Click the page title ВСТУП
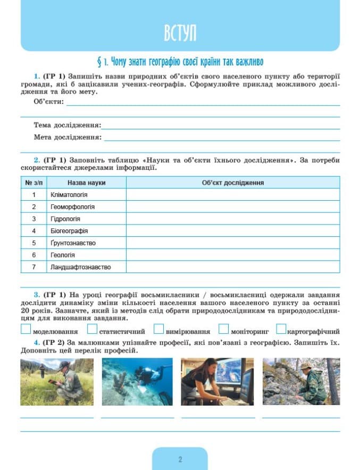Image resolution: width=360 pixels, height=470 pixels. tap(180, 33)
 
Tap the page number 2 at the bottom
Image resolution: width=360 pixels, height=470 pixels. tap(180, 459)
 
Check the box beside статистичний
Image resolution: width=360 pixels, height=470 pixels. tap(93, 329)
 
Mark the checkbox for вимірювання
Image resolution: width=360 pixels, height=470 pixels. tap(158, 329)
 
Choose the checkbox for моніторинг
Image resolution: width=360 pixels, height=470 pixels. tap(223, 329)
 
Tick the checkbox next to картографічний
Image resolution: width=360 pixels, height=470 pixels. tap(281, 329)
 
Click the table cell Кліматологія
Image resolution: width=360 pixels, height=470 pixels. tap(69, 195)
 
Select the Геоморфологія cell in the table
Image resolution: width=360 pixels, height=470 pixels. tap(72, 207)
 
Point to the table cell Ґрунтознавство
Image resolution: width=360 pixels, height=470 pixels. tap(73, 243)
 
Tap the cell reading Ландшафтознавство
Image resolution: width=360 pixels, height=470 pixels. tap(80, 267)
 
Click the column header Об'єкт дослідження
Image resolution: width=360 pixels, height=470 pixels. tap(233, 183)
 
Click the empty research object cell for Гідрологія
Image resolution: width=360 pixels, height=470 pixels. tap(233, 219)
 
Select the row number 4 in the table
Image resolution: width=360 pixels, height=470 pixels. tap(34, 231)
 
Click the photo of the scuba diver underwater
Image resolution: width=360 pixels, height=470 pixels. tap(137, 382)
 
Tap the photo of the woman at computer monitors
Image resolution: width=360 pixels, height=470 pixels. tap(218, 382)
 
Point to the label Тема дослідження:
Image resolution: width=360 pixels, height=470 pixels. tap(67, 125)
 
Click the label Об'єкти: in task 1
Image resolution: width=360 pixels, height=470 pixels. tap(48, 102)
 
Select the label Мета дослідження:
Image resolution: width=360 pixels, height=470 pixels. tap(68, 137)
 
